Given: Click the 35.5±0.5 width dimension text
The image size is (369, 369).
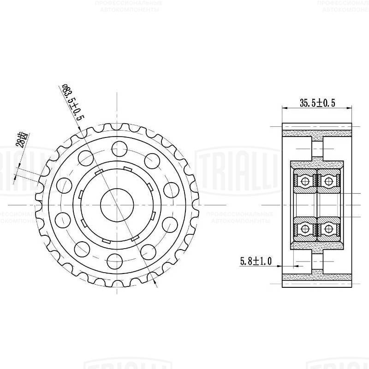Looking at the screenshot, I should click(x=317, y=103).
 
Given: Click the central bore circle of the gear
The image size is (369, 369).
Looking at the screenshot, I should click(x=117, y=204).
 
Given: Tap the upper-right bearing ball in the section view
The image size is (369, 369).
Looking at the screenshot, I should click(x=328, y=180).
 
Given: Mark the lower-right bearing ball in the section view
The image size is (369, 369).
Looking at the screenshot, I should click(x=328, y=228).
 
